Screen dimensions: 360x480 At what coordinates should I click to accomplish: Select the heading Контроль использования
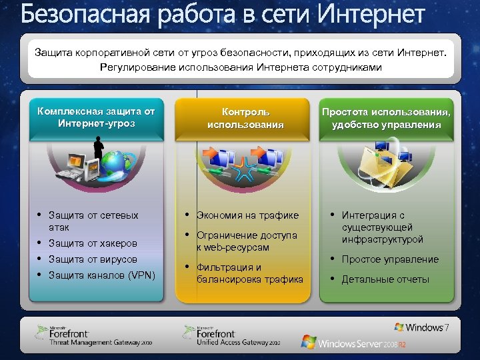[x=245, y=118]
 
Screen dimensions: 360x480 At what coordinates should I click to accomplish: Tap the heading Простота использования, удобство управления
[x=386, y=118]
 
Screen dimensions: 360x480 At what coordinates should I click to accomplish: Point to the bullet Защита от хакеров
[x=93, y=243]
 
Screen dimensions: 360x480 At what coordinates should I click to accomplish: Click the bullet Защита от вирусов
[x=93, y=259]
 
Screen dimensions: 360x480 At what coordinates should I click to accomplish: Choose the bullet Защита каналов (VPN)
[x=101, y=274]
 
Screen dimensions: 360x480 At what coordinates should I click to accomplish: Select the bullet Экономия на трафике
[x=247, y=215]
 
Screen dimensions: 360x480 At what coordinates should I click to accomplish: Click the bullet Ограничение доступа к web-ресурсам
[x=247, y=241]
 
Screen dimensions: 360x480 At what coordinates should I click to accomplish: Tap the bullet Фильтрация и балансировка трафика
[x=249, y=273]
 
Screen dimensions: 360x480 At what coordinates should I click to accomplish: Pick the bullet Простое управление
[x=390, y=259]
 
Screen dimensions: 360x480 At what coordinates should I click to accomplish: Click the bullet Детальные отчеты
[x=385, y=279]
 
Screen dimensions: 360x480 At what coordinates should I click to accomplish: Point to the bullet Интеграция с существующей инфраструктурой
[x=382, y=227]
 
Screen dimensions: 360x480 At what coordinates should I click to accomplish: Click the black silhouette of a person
[x=99, y=148]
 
